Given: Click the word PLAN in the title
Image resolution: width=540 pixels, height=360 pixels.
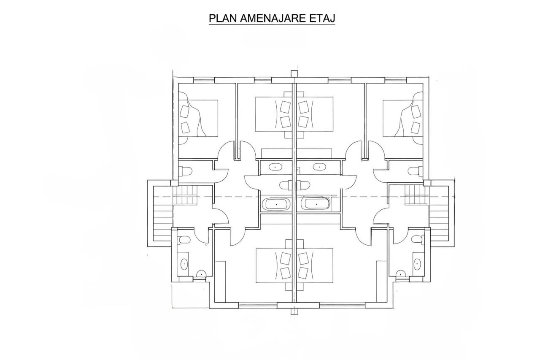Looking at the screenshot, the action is (223, 18).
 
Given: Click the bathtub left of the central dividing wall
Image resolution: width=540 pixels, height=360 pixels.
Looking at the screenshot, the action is (276, 204).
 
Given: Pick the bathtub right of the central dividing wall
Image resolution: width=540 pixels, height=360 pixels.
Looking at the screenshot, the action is (316, 204).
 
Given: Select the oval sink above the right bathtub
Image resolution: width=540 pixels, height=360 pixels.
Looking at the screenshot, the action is (320, 166).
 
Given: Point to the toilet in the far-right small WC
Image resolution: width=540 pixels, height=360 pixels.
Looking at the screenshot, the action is (416, 171).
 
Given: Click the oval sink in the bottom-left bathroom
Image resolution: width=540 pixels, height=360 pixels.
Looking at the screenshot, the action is (184, 264).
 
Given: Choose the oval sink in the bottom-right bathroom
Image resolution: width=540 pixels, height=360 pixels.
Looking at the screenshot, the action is (417, 264).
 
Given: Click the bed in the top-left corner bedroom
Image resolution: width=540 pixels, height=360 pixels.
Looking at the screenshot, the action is (198, 118).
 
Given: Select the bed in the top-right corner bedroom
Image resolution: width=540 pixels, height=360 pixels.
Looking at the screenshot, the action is (403, 118).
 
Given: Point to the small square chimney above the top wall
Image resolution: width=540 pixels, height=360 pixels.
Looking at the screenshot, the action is (294, 73).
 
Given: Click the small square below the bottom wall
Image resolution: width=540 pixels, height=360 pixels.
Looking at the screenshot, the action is (294, 311).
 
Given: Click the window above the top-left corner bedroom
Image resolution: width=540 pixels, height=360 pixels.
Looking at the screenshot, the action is (204, 80).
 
